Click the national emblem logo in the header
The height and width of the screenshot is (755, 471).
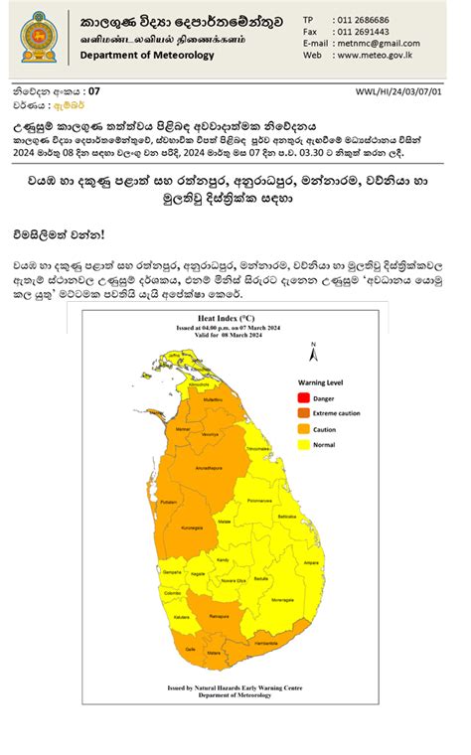pyautogui.click(x=39, y=37)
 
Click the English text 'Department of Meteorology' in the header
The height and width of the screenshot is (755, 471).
pyautogui.click(x=147, y=56)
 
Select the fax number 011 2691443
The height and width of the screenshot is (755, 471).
pyautogui.click(x=363, y=32)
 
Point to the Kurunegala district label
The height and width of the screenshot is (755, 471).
pyautogui.click(x=193, y=527)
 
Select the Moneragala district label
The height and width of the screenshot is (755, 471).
pyautogui.click(x=281, y=599)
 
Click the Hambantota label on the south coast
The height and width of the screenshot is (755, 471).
pyautogui.click(x=266, y=643)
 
